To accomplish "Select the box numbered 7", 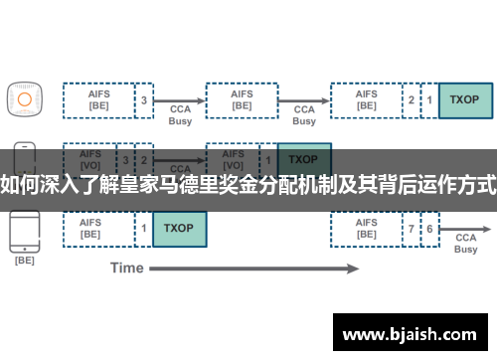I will click(x=411, y=228).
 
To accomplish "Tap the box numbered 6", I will click(x=428, y=228).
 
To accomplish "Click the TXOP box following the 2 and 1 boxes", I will click(x=464, y=99).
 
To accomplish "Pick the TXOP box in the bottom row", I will click(x=179, y=228).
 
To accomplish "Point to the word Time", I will click(x=126, y=268).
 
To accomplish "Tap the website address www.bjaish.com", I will click(x=410, y=331).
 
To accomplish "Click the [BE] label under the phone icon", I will click(x=24, y=261).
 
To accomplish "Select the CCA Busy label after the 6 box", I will click(x=465, y=244).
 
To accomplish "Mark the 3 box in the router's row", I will click(x=144, y=99).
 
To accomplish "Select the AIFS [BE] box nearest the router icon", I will click(x=98, y=99).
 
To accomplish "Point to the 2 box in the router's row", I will click(x=412, y=99).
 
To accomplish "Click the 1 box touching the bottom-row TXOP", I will click(x=144, y=228).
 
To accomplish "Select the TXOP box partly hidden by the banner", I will click(x=304, y=159).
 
